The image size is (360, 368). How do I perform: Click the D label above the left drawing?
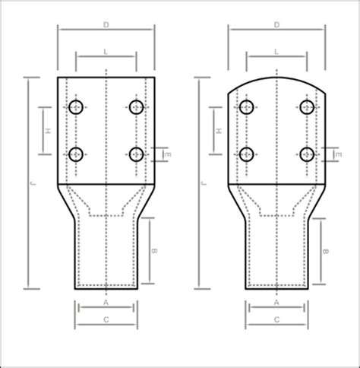click(106, 25)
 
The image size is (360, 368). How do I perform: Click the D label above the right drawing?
click(276, 25)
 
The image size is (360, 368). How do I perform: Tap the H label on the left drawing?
click(49, 131)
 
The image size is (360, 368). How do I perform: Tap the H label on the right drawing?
click(219, 131)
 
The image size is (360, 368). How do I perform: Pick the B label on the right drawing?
click(326, 250)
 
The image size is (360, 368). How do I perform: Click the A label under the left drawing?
click(106, 303)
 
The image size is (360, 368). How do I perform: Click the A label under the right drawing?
click(276, 303)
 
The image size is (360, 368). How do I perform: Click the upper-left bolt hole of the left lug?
click(77, 107)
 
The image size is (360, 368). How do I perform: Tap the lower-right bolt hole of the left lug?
click(136, 154)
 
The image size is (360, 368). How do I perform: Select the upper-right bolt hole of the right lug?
click(306, 107)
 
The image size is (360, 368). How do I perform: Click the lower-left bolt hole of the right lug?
click(246, 154)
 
